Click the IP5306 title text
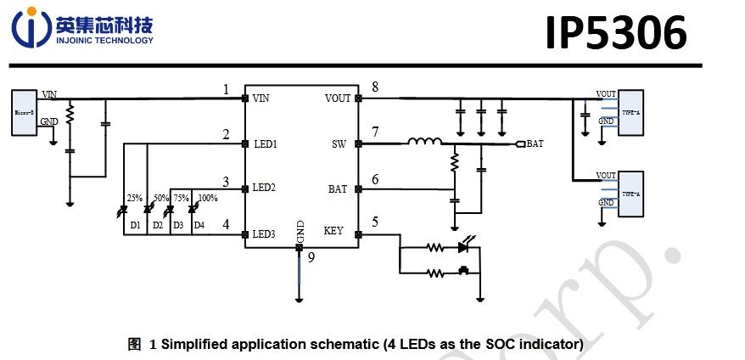pos(615,34)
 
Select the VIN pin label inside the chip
pos(261,98)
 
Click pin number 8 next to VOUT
pos(375,87)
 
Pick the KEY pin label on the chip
pos(334,231)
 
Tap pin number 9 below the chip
pos(311,259)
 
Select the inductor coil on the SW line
pos(424,142)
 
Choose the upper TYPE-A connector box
pos(630,113)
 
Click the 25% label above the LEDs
pos(134,198)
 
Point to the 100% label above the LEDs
pos(208,198)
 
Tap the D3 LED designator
pos(177,225)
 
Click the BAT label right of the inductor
pos(535,144)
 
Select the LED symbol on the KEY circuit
pos(463,248)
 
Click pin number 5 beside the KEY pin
pos(375,223)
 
